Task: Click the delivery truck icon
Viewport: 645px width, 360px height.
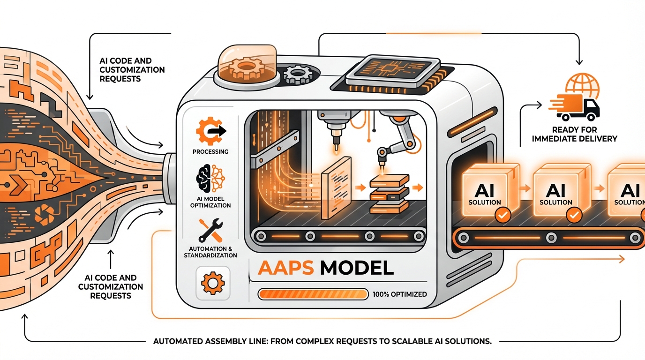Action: click(x=577, y=109)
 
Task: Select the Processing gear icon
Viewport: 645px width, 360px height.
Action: click(x=210, y=131)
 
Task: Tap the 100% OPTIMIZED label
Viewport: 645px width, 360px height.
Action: click(x=400, y=294)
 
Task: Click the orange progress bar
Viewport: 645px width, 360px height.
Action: click(x=314, y=294)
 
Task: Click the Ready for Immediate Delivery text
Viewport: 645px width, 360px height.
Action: click(x=584, y=134)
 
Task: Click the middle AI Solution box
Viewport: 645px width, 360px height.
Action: click(x=557, y=192)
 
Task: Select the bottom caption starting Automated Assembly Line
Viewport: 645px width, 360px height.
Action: click(x=322, y=341)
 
